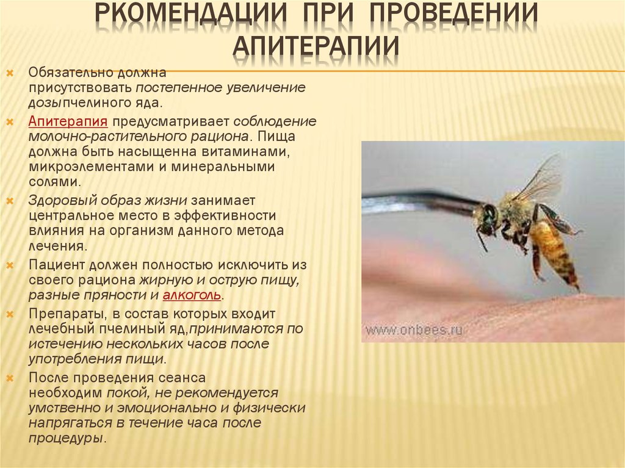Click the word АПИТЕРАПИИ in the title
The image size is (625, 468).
coord(316,45)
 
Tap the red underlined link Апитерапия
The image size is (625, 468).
coord(68,121)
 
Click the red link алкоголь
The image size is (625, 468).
coord(192,295)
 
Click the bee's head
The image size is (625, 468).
coord(488,218)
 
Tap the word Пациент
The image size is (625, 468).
coord(56,265)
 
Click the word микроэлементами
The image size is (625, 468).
coord(92,166)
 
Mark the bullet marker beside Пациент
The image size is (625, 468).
coord(10,265)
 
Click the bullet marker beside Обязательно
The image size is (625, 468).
coord(10,73)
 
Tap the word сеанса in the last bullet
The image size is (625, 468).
coord(182,378)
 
